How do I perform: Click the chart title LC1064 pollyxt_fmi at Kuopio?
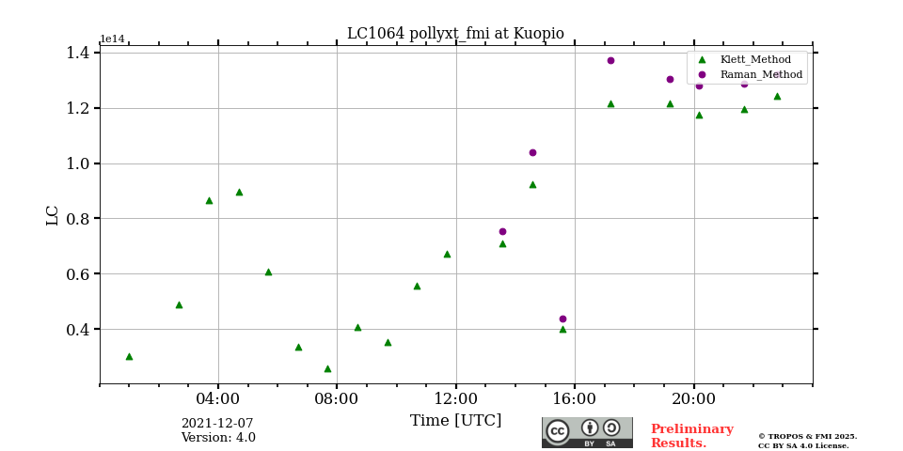pos(455,34)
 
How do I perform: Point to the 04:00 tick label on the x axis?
pos(218,398)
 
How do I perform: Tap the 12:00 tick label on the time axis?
pos(456,398)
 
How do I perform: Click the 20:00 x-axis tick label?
pos(694,398)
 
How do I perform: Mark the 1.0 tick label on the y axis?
pos(77,163)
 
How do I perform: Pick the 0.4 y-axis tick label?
pos(77,330)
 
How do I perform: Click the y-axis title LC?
pos(53,215)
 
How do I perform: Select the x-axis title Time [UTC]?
pos(455,421)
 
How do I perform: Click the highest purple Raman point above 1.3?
pos(610,61)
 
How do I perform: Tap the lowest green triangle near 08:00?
pos(327,368)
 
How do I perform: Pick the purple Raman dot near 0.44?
pos(562,319)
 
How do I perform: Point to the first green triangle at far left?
pos(129,356)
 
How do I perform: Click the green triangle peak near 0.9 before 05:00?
pos(239,192)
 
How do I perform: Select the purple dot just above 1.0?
pos(532,152)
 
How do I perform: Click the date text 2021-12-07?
pos(217,424)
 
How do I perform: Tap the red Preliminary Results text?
pos(691,436)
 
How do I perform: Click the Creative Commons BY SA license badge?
pos(587,432)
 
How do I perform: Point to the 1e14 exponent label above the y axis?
pos(112,39)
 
